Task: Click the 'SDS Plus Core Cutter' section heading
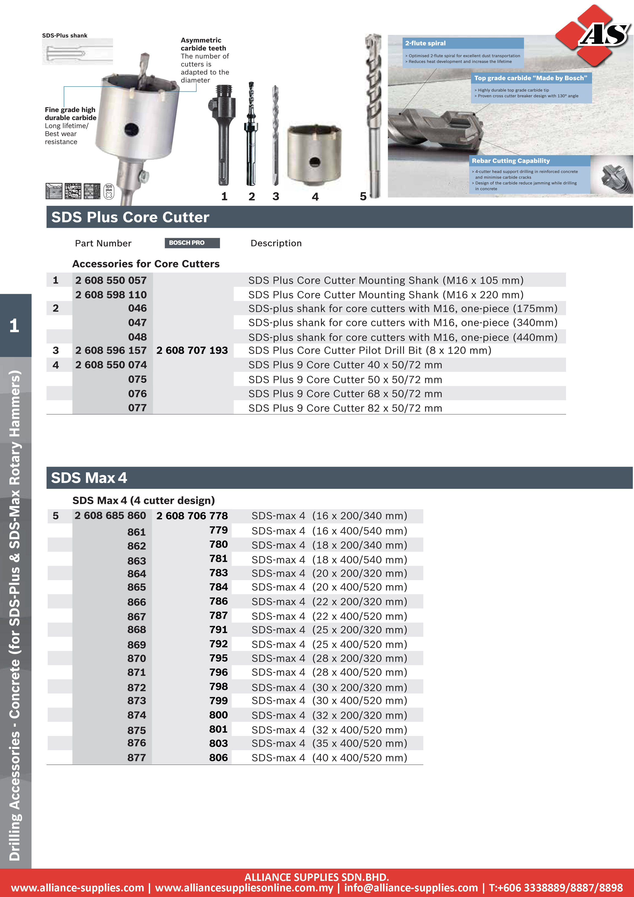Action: pyautogui.click(x=130, y=217)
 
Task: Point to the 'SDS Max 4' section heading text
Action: pyautogui.click(x=89, y=478)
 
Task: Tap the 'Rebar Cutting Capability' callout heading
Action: pyautogui.click(x=510, y=161)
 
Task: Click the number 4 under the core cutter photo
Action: pyautogui.click(x=315, y=197)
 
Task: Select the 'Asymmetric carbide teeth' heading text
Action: pyautogui.click(x=203, y=44)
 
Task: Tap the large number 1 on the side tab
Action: pyautogui.click(x=15, y=326)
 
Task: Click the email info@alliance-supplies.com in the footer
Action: pyautogui.click(x=411, y=888)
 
